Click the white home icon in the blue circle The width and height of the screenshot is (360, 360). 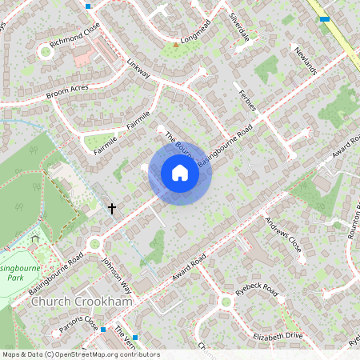point(180,173)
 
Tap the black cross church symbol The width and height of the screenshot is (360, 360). point(112,209)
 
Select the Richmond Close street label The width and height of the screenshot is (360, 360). point(74,38)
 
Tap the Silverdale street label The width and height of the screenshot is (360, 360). point(239,27)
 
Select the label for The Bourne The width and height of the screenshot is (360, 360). point(178,142)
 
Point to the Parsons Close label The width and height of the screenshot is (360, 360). point(78,325)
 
